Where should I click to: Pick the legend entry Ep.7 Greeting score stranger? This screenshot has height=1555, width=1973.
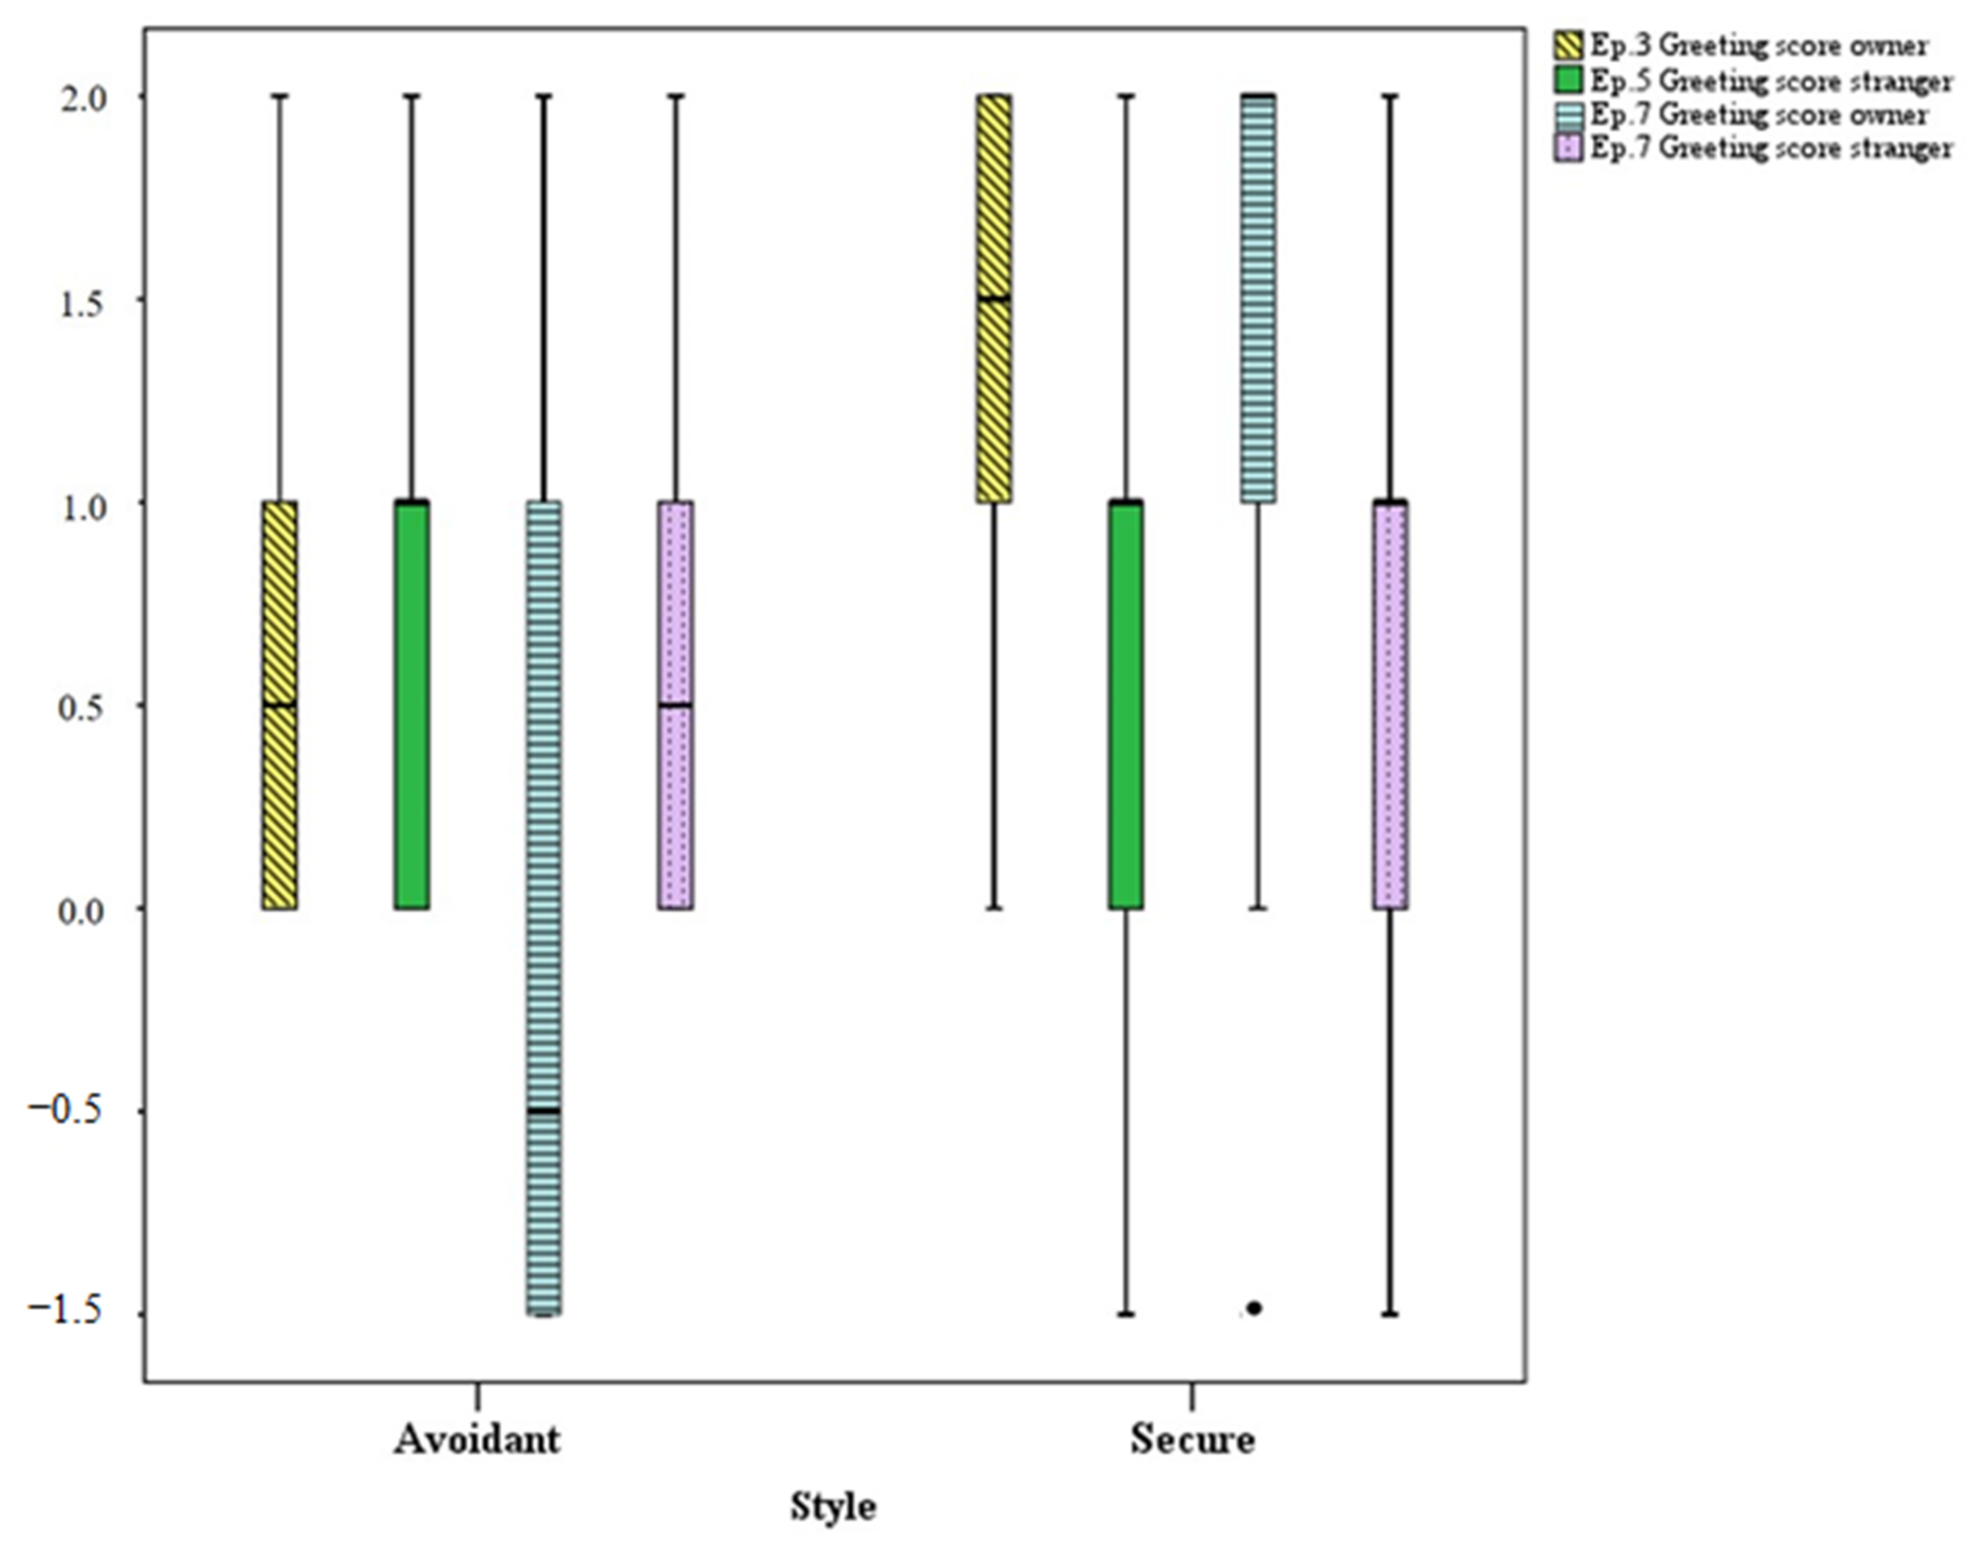coord(1770,148)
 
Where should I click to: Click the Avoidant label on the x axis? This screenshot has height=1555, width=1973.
coord(477,1439)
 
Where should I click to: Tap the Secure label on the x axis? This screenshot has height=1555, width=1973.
coord(1192,1439)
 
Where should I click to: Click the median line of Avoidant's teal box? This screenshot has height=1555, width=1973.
coord(544,1111)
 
